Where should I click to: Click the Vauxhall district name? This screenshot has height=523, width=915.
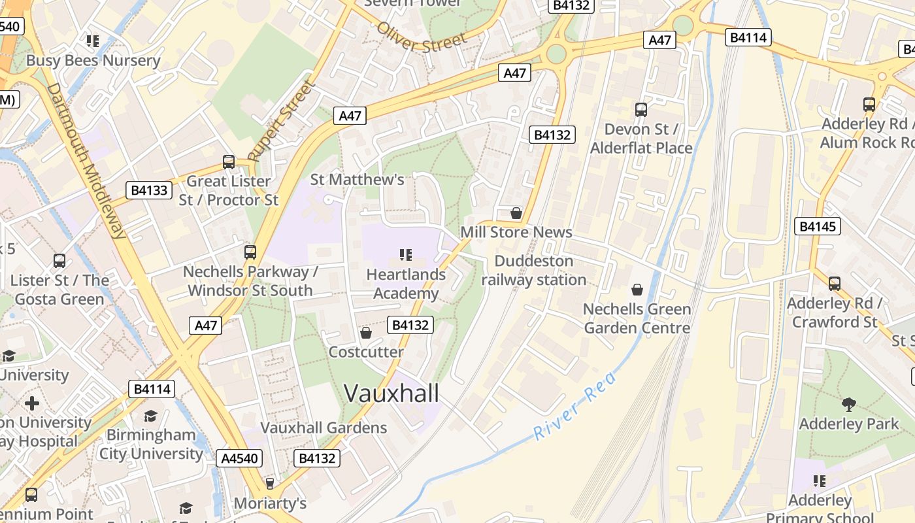(x=391, y=394)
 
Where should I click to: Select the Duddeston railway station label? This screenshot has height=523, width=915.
(x=534, y=271)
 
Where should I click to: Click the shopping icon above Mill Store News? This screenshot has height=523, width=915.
(x=516, y=213)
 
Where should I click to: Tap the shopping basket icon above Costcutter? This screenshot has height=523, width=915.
(x=366, y=333)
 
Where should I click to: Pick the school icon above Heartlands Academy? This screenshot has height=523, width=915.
(x=405, y=254)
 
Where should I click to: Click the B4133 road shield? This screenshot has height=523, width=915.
(x=149, y=190)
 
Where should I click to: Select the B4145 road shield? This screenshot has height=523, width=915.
(x=818, y=227)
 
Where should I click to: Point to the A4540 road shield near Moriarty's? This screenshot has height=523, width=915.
(x=240, y=458)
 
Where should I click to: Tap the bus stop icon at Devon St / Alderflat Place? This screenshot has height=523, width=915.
(x=640, y=110)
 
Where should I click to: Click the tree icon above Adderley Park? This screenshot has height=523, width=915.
(x=849, y=404)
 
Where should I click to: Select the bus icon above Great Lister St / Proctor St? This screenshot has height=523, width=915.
(x=229, y=161)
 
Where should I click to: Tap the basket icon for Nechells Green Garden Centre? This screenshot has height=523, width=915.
(x=637, y=290)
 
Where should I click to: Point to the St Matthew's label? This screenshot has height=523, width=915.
(x=357, y=179)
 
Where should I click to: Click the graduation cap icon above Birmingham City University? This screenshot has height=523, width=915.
(x=151, y=416)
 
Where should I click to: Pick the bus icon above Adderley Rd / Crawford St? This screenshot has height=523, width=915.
(x=835, y=284)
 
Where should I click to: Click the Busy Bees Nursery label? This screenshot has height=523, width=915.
(x=93, y=61)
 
